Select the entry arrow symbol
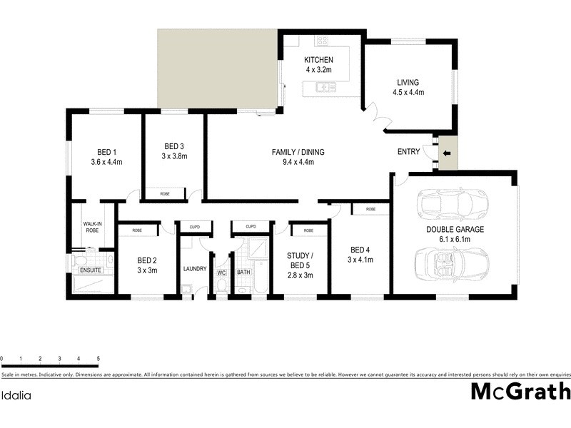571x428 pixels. [448, 153]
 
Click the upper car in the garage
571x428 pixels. [453, 205]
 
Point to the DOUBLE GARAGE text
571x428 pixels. [454, 229]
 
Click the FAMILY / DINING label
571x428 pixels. [298, 152]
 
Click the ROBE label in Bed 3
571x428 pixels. [165, 193]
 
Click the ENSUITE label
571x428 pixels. [91, 270]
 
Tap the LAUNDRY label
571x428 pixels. [194, 269]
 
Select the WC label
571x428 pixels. [221, 272]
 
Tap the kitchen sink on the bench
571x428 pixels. [326, 88]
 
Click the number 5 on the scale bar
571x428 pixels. [98, 358]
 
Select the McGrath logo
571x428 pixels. [520, 392]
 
